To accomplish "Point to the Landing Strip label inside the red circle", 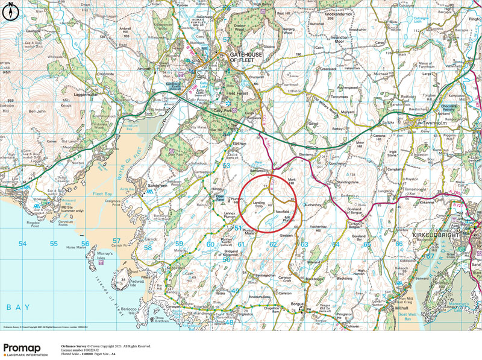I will point(259,204).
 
